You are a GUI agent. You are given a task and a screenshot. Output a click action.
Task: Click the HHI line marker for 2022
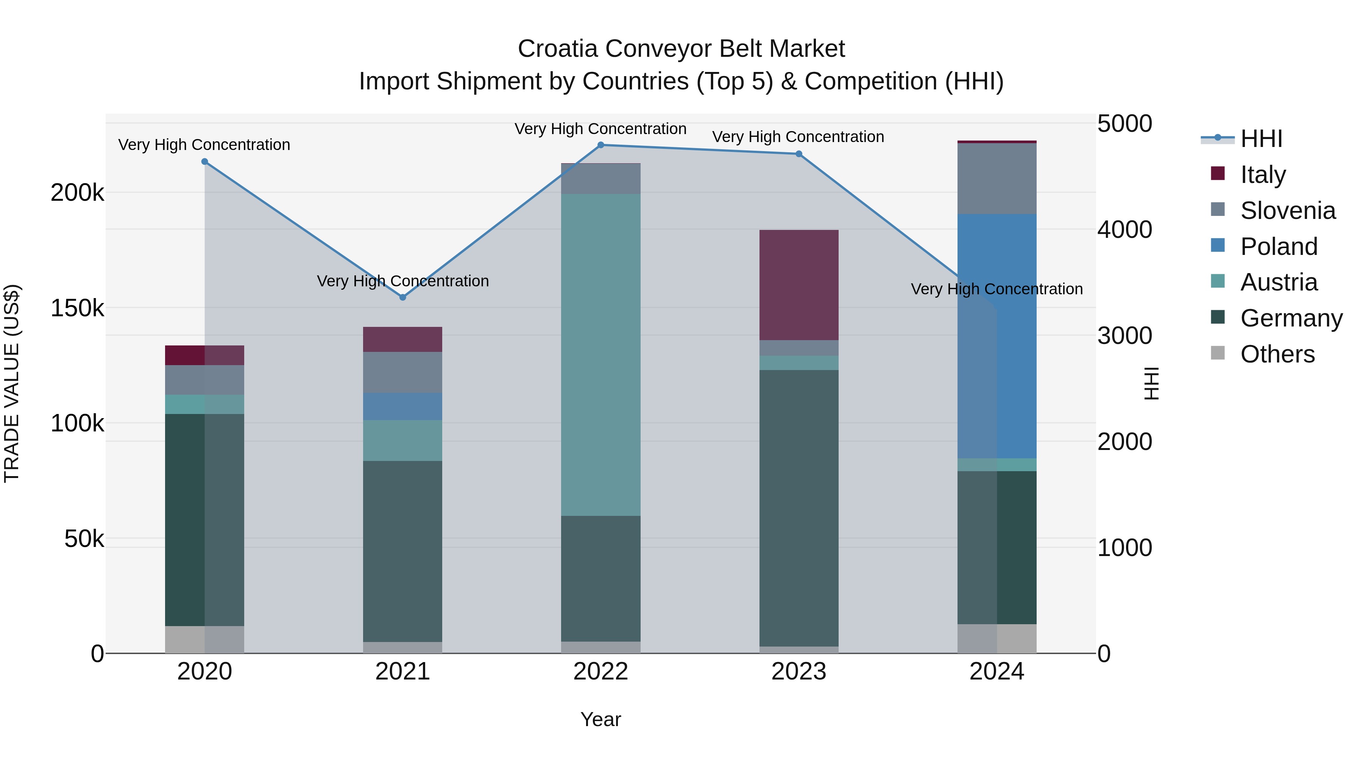(600, 145)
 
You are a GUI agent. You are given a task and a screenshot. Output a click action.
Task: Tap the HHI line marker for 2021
(403, 297)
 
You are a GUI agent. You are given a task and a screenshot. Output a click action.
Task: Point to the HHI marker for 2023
(799, 154)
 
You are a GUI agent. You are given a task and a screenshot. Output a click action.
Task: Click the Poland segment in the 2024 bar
(997, 336)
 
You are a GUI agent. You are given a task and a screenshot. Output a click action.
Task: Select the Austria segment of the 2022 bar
(600, 355)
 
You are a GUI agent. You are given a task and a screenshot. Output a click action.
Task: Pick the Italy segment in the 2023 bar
(799, 285)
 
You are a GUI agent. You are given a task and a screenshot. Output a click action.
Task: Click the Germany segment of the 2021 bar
(403, 550)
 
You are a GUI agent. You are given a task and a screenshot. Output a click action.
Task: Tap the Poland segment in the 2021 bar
(403, 406)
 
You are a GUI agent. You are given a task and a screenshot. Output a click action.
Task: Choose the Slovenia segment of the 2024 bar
(997, 178)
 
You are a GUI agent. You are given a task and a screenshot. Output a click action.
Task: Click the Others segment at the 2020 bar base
(205, 639)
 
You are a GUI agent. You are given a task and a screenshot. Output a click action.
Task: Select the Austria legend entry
(1278, 282)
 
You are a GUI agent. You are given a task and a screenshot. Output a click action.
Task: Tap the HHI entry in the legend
(1261, 139)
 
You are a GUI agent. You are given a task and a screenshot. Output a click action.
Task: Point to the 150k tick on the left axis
(77, 308)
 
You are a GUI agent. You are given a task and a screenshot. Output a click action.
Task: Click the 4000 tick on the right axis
(1124, 230)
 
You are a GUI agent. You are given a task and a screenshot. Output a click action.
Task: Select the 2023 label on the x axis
(798, 672)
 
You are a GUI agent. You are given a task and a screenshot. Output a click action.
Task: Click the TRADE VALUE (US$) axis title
(12, 383)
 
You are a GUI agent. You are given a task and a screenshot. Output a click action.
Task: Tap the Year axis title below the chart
(600, 719)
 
